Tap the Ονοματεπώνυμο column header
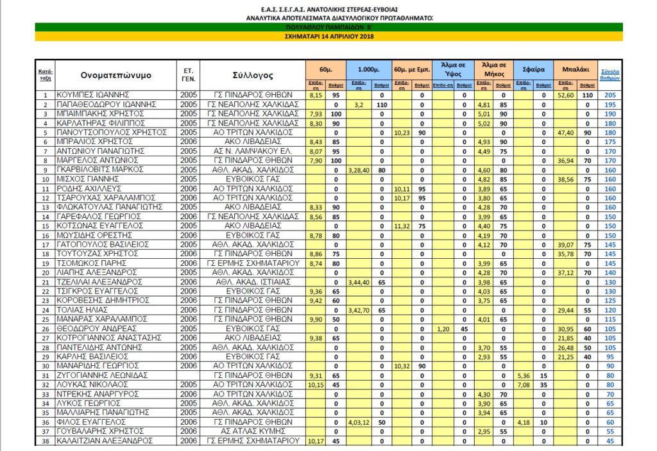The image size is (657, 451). click(x=116, y=75)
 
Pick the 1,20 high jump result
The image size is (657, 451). click(x=441, y=329)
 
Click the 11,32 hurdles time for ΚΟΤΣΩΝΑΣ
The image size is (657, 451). click(x=400, y=225)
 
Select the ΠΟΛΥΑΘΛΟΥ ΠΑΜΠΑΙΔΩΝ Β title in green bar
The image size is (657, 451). click(x=328, y=28)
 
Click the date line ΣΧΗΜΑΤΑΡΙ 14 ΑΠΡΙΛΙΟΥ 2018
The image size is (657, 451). click(x=328, y=37)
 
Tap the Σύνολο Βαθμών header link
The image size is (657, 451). click(x=610, y=74)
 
